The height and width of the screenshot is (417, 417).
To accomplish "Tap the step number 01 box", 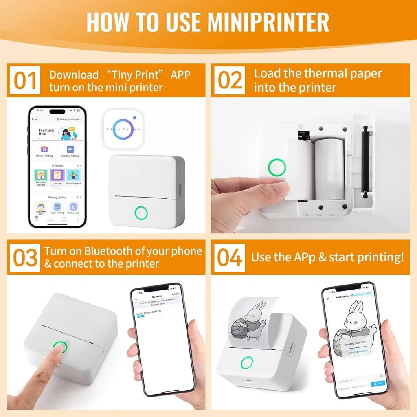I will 25,81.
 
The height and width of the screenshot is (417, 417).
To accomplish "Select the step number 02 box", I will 230,81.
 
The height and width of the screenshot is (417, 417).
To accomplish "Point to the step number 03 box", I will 25,258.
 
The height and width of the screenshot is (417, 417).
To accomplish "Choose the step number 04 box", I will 230,258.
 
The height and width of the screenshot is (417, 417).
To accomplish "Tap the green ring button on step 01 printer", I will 141,213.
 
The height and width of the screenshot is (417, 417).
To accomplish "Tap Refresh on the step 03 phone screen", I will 176,294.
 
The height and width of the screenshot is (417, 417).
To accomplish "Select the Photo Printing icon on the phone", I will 44,151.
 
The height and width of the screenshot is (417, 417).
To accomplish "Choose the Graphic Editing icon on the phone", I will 70,151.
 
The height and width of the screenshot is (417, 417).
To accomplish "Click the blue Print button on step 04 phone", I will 378,383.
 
